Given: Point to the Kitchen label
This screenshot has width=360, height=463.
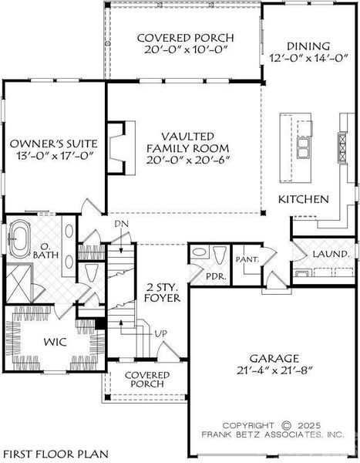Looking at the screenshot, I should click(x=304, y=199).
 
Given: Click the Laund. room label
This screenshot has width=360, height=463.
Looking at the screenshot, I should click(x=331, y=253).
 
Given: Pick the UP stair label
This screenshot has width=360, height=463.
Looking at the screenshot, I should click(x=161, y=333).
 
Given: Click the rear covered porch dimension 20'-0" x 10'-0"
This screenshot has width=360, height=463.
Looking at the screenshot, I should click(x=183, y=52).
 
